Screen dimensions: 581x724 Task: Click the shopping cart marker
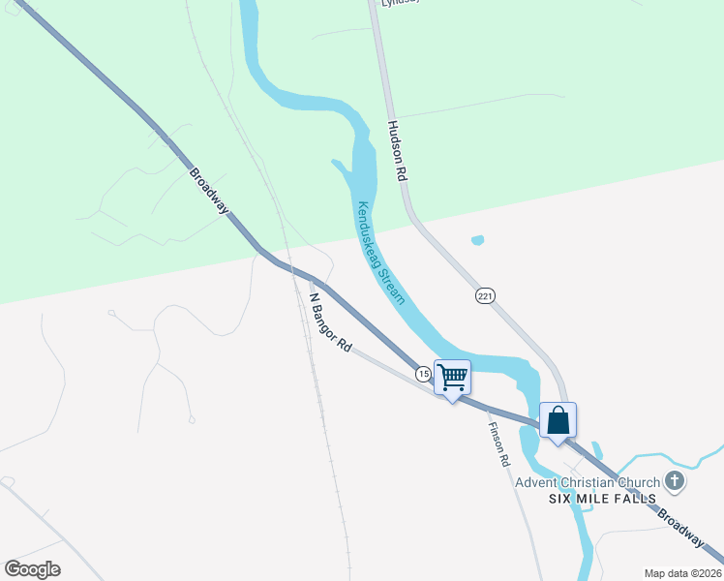point(452,378)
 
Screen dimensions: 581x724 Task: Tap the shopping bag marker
point(558,420)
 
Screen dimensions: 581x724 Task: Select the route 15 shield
point(423,373)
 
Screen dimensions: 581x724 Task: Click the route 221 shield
point(485,295)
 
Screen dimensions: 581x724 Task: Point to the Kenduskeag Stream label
point(381,251)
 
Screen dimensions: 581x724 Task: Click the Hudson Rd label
point(396,152)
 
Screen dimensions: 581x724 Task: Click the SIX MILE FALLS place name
point(602,499)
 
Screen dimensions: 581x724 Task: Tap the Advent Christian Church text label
point(588,482)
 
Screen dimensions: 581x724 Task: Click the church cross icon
point(675,481)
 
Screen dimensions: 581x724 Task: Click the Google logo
point(32,569)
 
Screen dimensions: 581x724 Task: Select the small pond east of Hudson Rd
point(476,240)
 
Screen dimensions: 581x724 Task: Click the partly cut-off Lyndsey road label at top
point(400,3)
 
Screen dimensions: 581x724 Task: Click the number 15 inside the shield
point(423,373)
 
